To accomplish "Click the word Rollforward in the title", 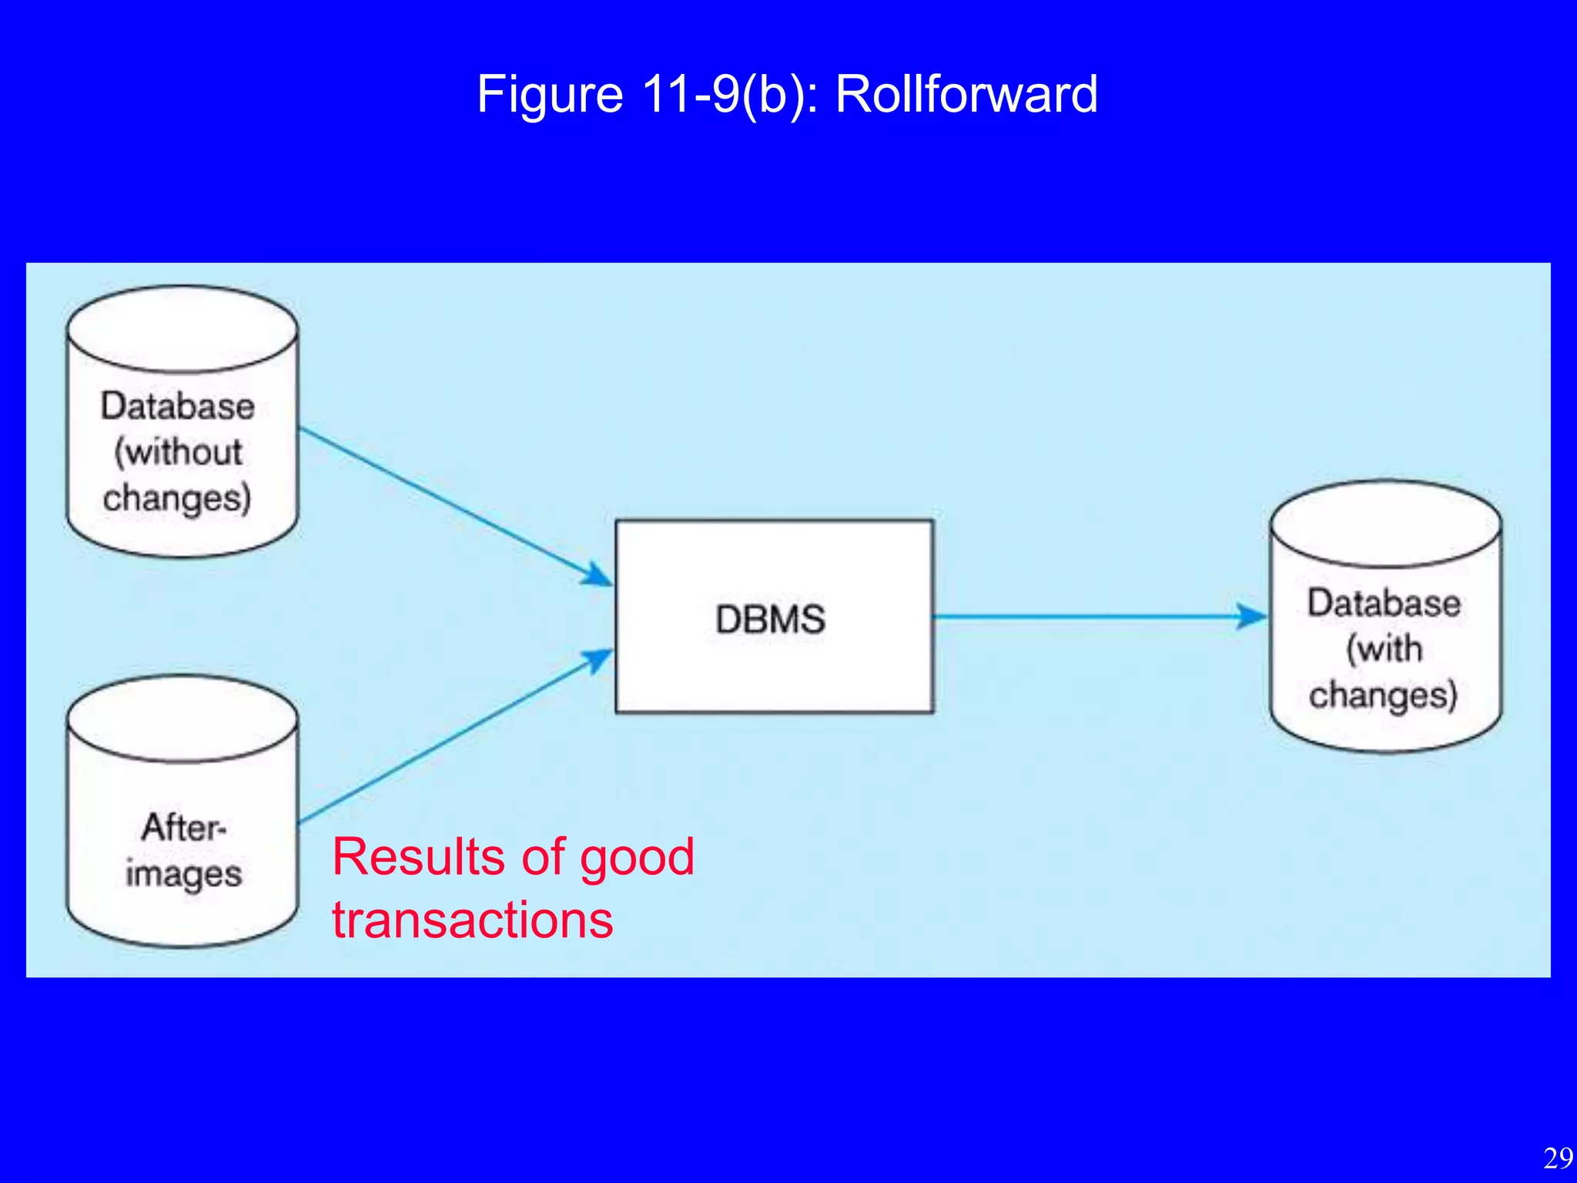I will [x=966, y=94].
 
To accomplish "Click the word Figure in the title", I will [x=550, y=94].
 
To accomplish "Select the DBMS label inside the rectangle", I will [x=770, y=619].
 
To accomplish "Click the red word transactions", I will [x=472, y=920].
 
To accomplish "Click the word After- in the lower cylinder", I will [x=183, y=828].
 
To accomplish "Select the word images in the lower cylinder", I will [x=183, y=874].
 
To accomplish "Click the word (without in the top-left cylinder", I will [x=179, y=452].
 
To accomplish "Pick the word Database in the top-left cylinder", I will [x=177, y=406].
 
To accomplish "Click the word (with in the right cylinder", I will [x=1384, y=648].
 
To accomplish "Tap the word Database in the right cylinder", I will [x=1384, y=602].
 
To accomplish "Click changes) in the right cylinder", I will [x=1383, y=695].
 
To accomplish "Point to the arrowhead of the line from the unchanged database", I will [x=598, y=576].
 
